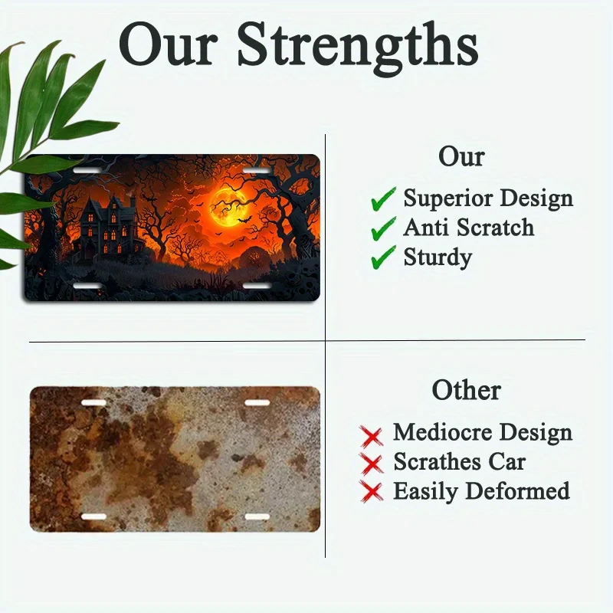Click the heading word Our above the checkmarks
[x=461, y=157]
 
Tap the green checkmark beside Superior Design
[x=383, y=199]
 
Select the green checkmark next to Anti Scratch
[x=383, y=228]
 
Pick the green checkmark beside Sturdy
[x=383, y=257]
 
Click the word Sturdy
[x=438, y=258]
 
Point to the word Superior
[x=448, y=199]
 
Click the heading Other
[x=467, y=390]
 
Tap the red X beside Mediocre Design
[x=372, y=436]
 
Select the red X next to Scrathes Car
[x=372, y=464]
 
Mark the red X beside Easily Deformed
[x=372, y=491]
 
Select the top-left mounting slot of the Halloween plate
[x=87, y=171]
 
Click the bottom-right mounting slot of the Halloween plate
[x=257, y=286]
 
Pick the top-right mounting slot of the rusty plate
[x=257, y=403]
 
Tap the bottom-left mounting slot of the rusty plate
[x=93, y=516]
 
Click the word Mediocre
[x=443, y=432]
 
